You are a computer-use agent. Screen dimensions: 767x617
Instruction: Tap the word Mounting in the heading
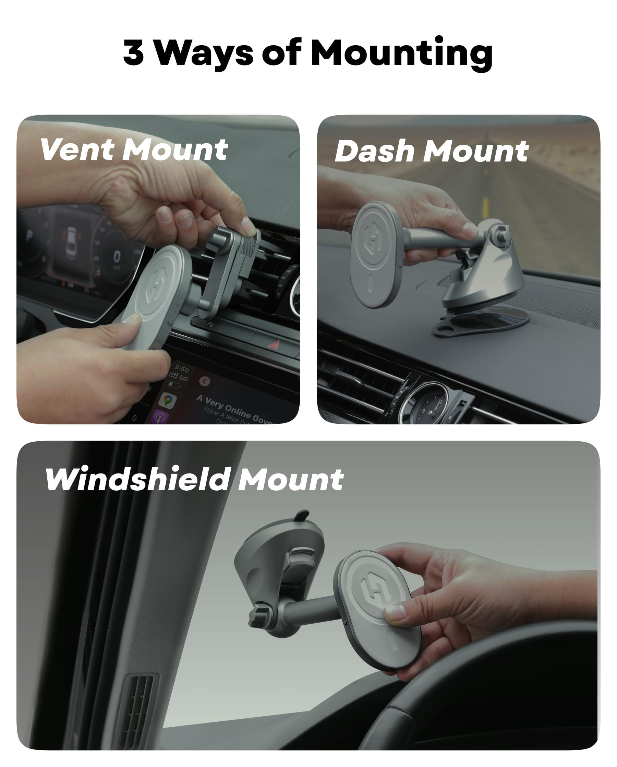401,53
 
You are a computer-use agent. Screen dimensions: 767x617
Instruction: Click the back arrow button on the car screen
205,381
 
